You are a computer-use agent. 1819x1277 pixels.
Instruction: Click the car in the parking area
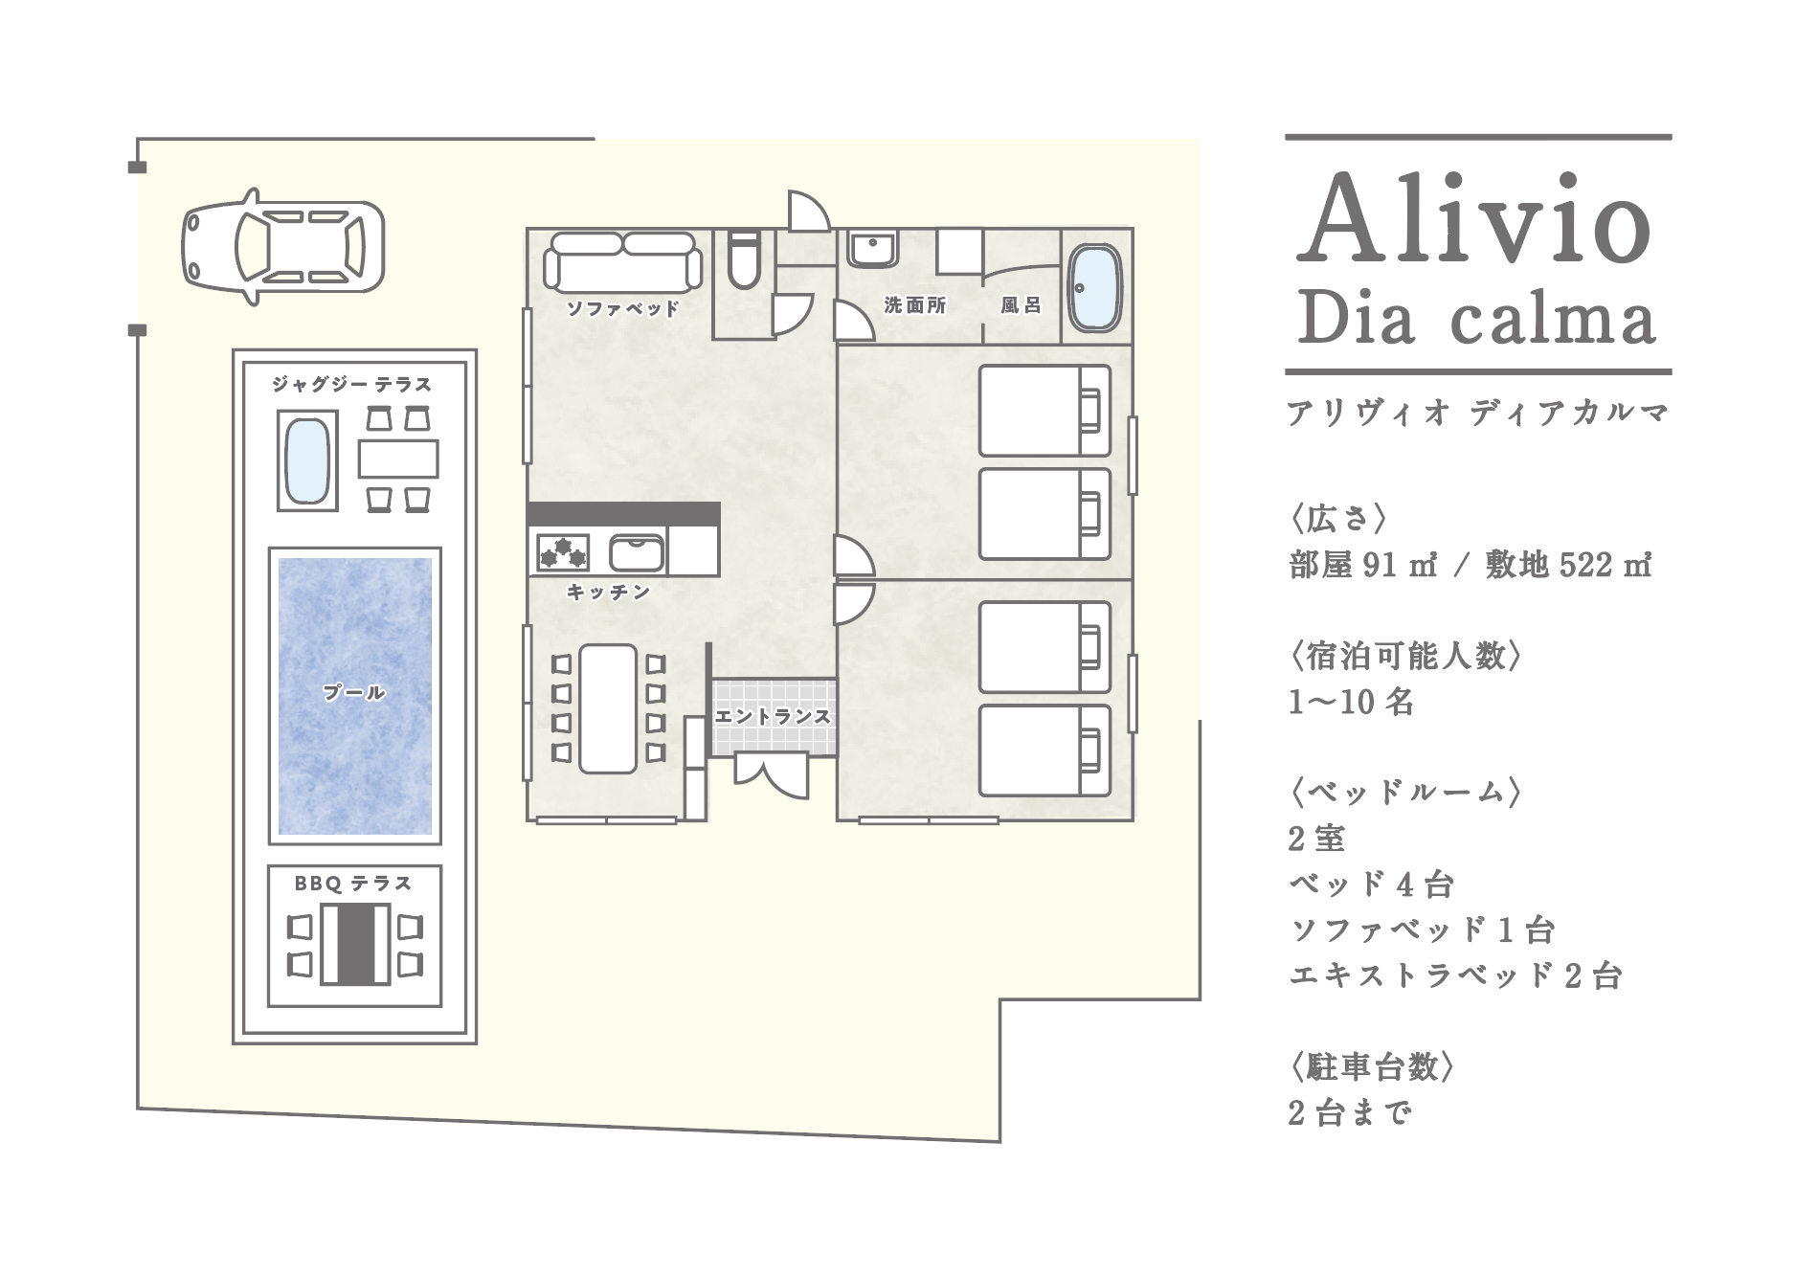pyautogui.click(x=282, y=246)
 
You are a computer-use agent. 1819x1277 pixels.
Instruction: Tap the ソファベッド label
pyautogui.click(x=622, y=308)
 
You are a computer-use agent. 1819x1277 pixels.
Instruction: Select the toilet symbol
pyautogui.click(x=743, y=259)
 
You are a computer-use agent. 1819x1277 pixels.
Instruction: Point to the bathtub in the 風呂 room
pyautogui.click(x=1094, y=288)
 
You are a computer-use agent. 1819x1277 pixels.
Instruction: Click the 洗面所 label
pyautogui.click(x=915, y=305)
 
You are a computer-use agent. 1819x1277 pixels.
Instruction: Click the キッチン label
pyautogui.click(x=609, y=593)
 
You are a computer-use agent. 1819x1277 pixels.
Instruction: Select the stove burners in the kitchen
pyautogui.click(x=563, y=552)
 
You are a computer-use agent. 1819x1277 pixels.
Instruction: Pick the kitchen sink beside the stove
pyautogui.click(x=637, y=552)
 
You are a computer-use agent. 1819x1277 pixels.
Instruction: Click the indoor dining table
pyautogui.click(x=608, y=708)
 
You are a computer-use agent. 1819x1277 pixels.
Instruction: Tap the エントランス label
pyautogui.click(x=773, y=716)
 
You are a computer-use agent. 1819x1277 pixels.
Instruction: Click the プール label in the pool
pyautogui.click(x=354, y=692)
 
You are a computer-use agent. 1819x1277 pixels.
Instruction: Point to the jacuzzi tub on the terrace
pyautogui.click(x=307, y=460)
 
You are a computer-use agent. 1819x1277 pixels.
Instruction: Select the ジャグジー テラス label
pyautogui.click(x=352, y=385)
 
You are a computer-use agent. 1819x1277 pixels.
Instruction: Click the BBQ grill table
pyautogui.click(x=355, y=943)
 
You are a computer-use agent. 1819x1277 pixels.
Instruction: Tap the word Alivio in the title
pyautogui.click(x=1474, y=221)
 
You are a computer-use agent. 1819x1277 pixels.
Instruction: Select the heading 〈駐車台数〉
pyautogui.click(x=1372, y=1065)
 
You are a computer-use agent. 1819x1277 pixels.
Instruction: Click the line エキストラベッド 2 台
pyautogui.click(x=1455, y=976)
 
